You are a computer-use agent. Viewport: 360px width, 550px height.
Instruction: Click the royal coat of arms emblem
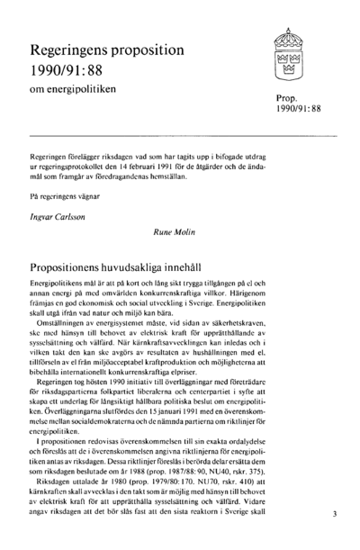click(x=290, y=57)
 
